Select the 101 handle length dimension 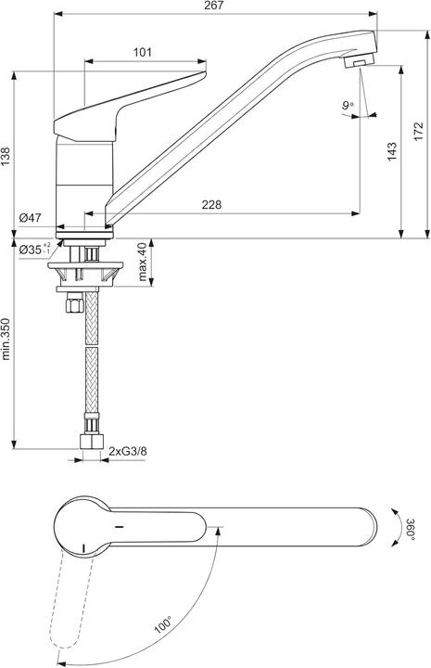tap(143, 53)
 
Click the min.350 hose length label tap(7, 340)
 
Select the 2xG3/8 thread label tap(128, 452)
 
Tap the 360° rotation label tap(411, 529)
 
